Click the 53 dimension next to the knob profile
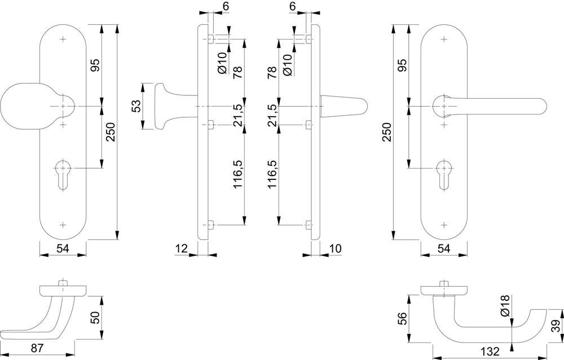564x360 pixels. [x=136, y=106]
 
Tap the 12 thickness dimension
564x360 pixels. [x=180, y=249]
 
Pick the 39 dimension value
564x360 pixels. [x=556, y=326]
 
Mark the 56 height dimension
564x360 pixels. [x=402, y=318]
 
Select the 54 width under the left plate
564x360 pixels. [x=63, y=249]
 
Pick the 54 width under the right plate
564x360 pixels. [x=444, y=249]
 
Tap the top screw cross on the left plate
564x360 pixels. [x=62, y=39]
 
